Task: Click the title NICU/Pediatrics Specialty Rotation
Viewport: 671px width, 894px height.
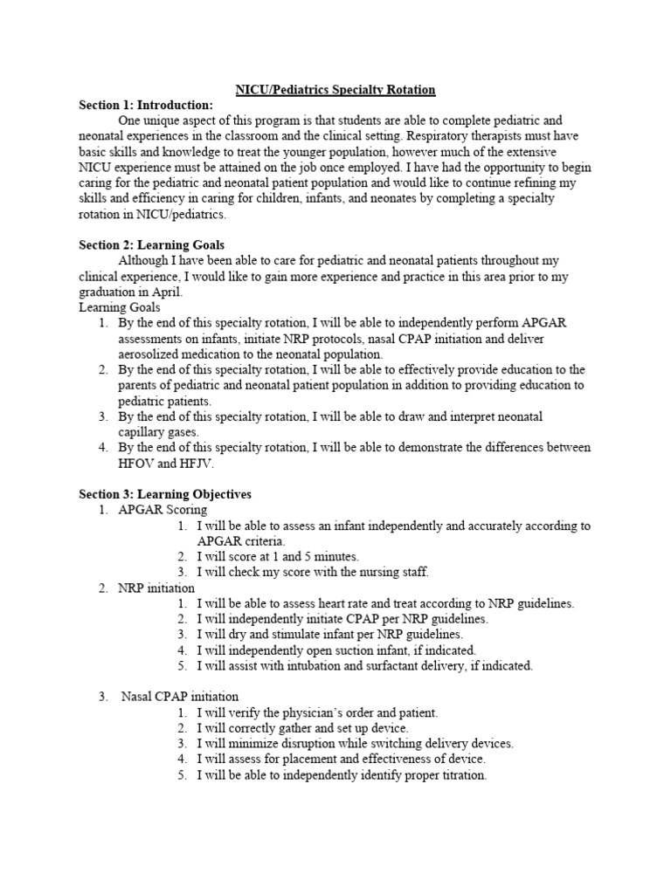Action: click(x=335, y=90)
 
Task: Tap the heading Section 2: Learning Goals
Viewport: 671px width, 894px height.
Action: click(x=152, y=245)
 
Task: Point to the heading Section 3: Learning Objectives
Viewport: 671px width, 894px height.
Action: click(x=164, y=494)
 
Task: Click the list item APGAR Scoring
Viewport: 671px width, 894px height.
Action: click(x=163, y=510)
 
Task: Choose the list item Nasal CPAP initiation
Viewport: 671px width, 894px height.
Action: click(x=180, y=697)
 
